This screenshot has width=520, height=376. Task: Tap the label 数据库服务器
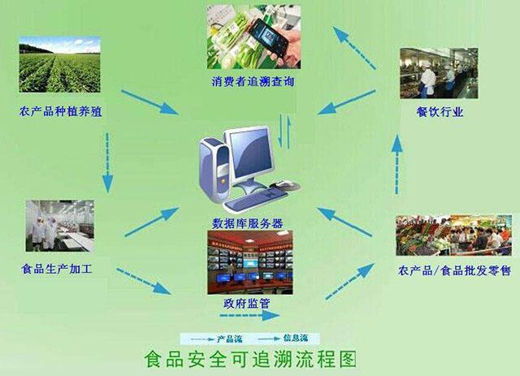(x=248, y=223)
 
